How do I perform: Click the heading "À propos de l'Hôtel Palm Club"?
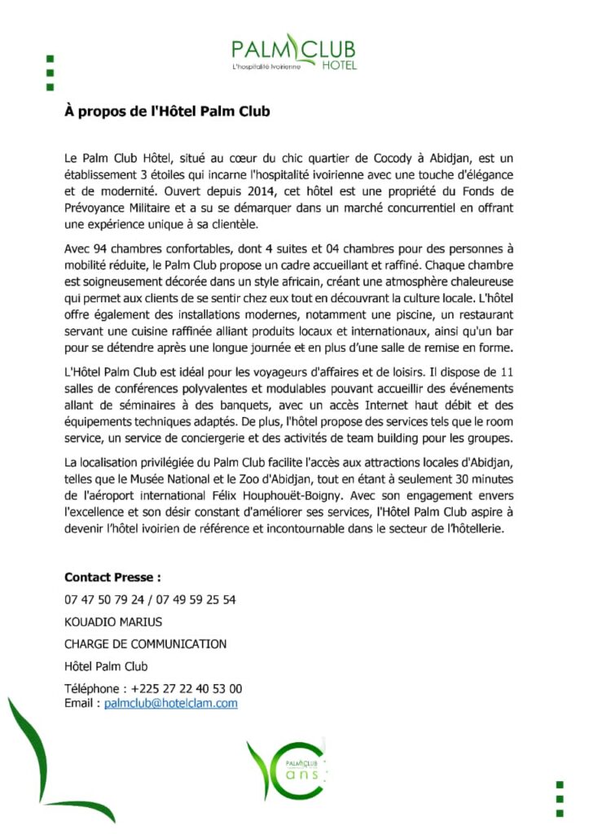(x=167, y=112)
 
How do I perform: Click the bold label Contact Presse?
(x=112, y=577)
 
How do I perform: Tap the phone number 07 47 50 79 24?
(x=102, y=599)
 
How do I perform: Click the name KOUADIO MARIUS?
(x=113, y=621)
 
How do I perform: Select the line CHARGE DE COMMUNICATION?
(x=145, y=643)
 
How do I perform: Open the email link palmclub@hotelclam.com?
(x=171, y=703)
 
